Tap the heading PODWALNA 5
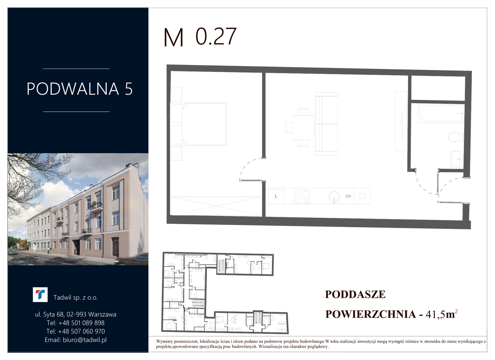[x=80, y=89]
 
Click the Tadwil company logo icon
[x=40, y=295]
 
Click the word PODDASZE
[x=355, y=294]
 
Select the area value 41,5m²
[x=442, y=314]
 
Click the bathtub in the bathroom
[x=441, y=113]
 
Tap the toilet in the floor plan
[x=456, y=137]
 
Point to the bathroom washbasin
[x=457, y=159]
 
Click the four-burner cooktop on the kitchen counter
[x=302, y=196]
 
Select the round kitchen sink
[x=334, y=196]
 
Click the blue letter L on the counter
[x=276, y=196]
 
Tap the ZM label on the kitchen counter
[x=348, y=196]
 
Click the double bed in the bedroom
[x=204, y=124]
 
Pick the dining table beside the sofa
[x=303, y=128]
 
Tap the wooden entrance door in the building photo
[x=116, y=247]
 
